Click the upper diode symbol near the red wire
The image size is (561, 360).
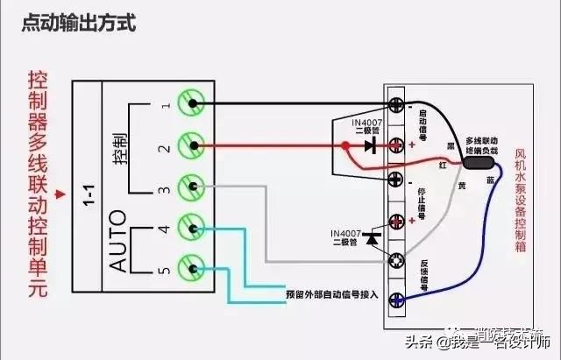(x=369, y=145)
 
